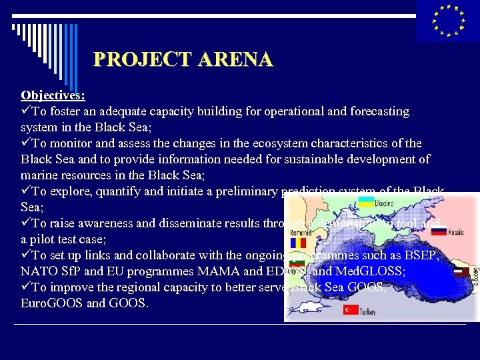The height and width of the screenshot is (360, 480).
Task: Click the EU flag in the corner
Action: (447, 21)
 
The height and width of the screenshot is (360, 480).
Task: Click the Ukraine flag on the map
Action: (366, 202)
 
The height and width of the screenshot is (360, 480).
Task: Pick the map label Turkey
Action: (367, 311)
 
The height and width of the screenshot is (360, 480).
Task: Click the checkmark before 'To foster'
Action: (26, 111)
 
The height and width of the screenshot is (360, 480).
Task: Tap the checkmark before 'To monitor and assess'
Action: (26, 143)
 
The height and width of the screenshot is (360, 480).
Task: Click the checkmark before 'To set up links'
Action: (26, 255)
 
